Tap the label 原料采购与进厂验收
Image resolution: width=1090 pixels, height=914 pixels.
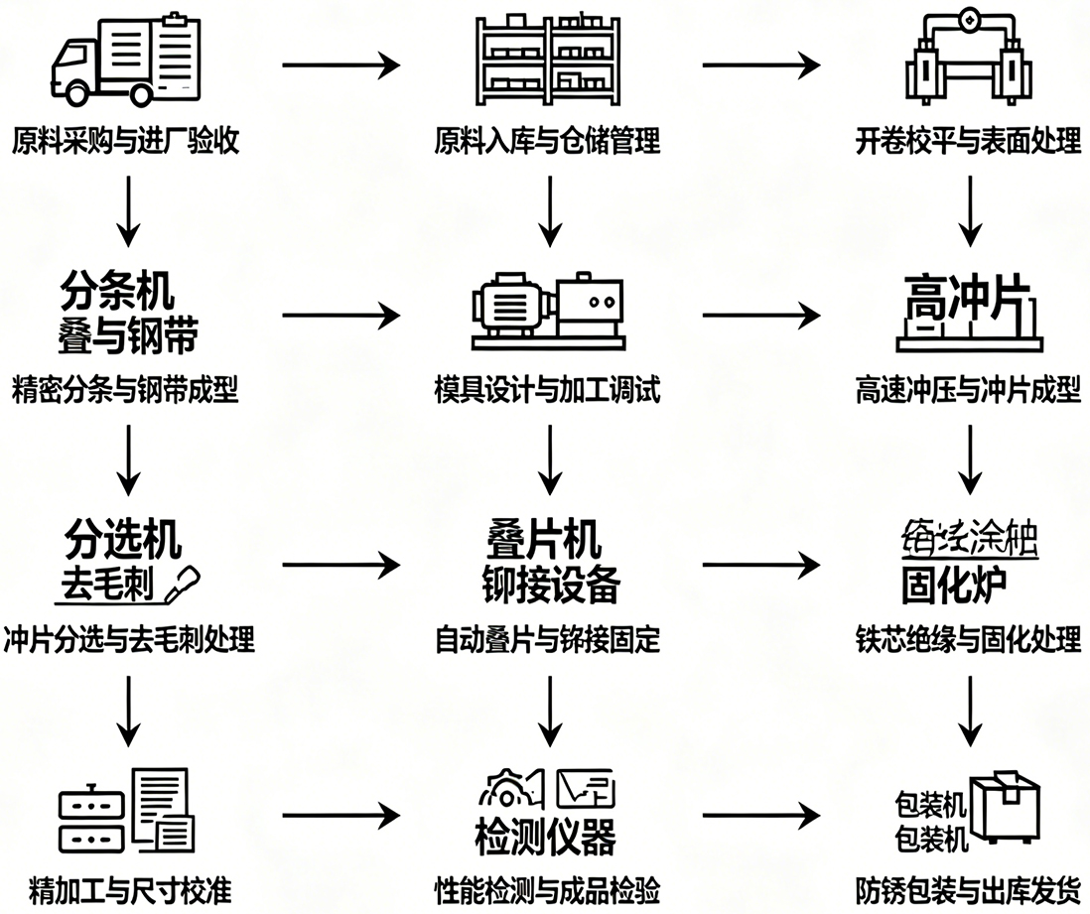(x=126, y=142)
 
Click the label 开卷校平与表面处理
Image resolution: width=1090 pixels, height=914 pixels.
(x=968, y=142)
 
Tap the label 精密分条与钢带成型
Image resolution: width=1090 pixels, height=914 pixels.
(x=126, y=390)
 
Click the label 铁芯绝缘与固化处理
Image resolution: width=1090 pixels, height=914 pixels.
(x=968, y=639)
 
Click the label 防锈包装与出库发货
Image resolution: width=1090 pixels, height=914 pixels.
(x=968, y=889)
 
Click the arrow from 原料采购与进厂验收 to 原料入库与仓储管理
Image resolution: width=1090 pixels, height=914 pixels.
(x=341, y=66)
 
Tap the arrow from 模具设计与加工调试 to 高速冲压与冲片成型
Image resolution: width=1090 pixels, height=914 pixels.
(x=761, y=317)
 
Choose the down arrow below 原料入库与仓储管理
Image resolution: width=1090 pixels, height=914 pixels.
(x=547, y=211)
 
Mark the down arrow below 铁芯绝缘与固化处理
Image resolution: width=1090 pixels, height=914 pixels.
(x=968, y=712)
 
